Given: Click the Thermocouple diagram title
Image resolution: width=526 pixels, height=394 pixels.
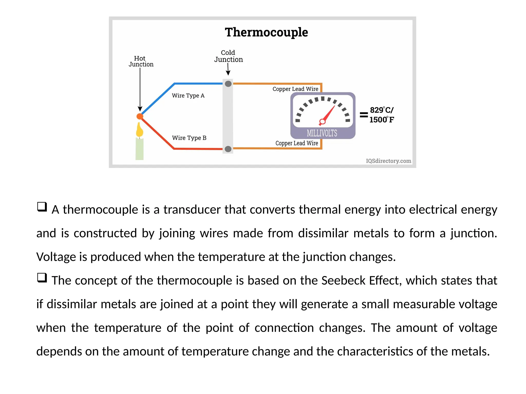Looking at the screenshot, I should click(266, 32).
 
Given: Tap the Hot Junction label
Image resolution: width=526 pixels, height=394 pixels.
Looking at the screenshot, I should click(141, 61).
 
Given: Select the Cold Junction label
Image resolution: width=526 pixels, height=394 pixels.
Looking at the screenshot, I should click(228, 56).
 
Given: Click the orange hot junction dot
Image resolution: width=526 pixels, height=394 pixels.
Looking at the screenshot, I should click(140, 116).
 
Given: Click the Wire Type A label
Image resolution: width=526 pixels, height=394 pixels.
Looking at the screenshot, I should click(188, 96).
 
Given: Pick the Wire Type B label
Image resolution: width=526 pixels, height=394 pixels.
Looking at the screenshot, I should click(189, 138).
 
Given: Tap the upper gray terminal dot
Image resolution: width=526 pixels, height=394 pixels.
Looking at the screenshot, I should click(228, 84).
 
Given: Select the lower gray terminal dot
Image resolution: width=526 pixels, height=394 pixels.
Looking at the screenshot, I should click(228, 149).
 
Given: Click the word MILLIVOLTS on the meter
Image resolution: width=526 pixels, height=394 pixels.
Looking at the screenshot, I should click(322, 133).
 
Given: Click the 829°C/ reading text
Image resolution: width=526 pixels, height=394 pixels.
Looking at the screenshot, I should click(381, 110).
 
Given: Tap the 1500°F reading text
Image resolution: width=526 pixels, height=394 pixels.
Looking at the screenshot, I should click(381, 120).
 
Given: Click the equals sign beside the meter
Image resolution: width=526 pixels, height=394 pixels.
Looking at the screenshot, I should click(364, 115).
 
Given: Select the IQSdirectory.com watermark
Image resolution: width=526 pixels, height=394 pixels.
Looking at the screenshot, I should click(388, 161).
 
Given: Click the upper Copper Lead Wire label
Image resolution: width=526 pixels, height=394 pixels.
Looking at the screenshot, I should click(295, 89).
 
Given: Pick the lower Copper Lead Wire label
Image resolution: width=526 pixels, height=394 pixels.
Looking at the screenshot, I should click(297, 143).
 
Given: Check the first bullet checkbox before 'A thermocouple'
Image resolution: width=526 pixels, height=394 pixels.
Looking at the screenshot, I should click(42, 207).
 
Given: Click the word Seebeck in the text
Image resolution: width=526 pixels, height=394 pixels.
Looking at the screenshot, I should click(343, 280).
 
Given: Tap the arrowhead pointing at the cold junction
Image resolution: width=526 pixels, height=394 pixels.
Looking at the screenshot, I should click(228, 73).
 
